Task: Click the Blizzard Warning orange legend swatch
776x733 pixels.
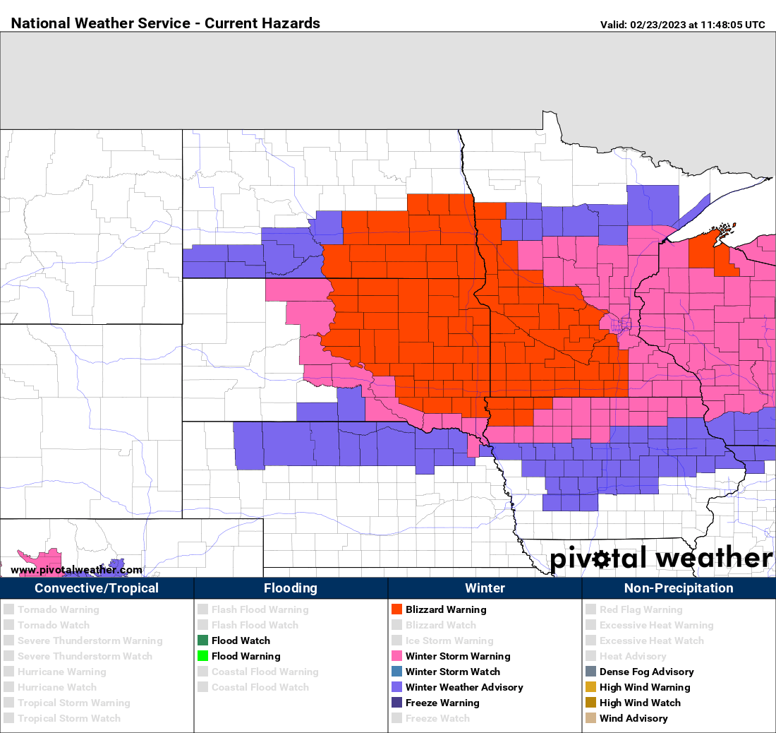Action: [396, 609]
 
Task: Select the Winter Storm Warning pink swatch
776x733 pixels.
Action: [396, 656]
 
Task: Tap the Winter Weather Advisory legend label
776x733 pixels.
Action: [464, 687]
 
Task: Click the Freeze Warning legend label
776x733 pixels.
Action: [442, 703]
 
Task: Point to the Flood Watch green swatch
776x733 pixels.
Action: [202, 640]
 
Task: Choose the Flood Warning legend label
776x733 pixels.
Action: [245, 656]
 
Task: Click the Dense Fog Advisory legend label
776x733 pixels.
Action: [646, 672]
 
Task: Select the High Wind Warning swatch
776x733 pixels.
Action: [590, 687]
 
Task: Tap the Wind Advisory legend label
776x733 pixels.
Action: [633, 718]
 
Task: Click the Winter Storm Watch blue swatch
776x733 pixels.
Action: [396, 672]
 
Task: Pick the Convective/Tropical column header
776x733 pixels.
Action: [97, 588]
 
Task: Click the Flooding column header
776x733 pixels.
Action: [291, 588]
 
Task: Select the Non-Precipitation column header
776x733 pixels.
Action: [679, 588]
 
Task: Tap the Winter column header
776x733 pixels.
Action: [485, 588]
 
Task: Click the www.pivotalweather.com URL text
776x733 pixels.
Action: [76, 570]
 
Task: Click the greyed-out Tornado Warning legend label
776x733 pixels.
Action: [58, 609]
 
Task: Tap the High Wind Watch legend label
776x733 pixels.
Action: [640, 703]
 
